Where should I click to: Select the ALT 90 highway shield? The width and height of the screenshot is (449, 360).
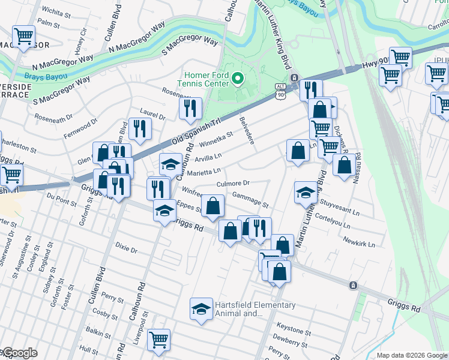(x=280, y=90)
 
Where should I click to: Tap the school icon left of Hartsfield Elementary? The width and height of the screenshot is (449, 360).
(x=201, y=309)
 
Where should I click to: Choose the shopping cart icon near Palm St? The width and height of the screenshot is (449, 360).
(x=23, y=37)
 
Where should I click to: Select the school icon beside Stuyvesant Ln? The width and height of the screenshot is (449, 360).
(x=306, y=193)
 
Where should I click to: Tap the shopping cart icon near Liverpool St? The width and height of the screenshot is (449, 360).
(x=159, y=340)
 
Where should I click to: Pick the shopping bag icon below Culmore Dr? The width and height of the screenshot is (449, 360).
(x=212, y=206)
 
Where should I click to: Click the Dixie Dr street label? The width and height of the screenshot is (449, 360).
(x=127, y=247)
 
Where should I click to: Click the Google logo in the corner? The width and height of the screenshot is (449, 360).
(x=19, y=353)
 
